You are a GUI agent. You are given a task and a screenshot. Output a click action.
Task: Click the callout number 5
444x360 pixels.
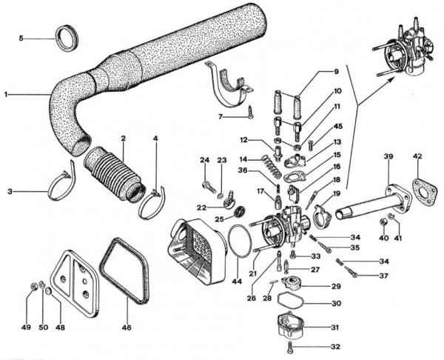[x=21, y=38]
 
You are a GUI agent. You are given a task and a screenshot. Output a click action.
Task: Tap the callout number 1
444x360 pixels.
[x=6, y=95]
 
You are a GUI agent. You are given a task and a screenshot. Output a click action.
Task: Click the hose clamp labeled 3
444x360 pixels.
[x=60, y=186]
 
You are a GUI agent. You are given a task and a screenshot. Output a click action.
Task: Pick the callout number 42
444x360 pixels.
[x=418, y=156]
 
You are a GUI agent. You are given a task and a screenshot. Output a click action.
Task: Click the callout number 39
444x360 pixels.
[x=388, y=156]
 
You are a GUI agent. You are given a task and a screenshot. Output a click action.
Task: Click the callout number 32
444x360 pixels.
[x=335, y=346]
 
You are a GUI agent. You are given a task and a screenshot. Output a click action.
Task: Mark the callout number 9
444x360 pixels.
[x=335, y=72]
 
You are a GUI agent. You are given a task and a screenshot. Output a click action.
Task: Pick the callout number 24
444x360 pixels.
[x=205, y=160]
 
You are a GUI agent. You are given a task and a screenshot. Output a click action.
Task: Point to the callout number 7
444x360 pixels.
[x=220, y=117]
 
